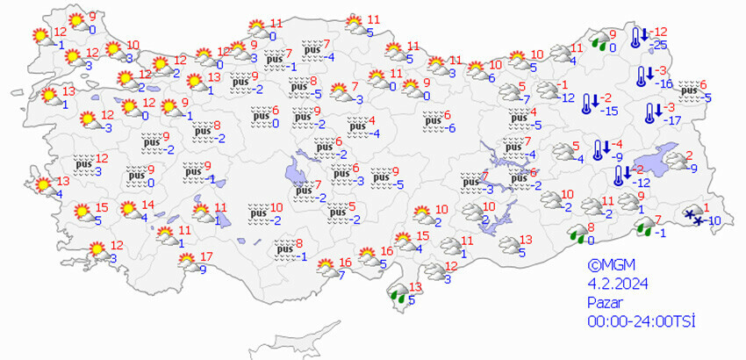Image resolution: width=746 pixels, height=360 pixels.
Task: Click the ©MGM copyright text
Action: coord(611,265)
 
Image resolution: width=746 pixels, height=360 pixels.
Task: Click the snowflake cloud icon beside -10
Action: coord(693,216)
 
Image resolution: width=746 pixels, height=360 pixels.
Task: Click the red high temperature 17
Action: coord(206,256)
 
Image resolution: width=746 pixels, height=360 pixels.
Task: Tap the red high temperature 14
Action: coord(147,205)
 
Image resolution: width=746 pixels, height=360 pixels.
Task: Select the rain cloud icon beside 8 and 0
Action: coord(578,233)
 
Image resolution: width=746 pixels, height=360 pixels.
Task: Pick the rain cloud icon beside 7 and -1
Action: coord(645,231)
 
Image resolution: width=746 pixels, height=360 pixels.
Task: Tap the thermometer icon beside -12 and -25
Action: coord(638,37)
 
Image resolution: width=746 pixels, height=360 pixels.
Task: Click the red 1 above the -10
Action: coord(707,206)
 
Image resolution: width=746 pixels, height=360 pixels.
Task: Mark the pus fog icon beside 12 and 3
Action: coord(84,164)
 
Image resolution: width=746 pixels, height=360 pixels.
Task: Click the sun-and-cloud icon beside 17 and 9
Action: coord(186,262)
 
